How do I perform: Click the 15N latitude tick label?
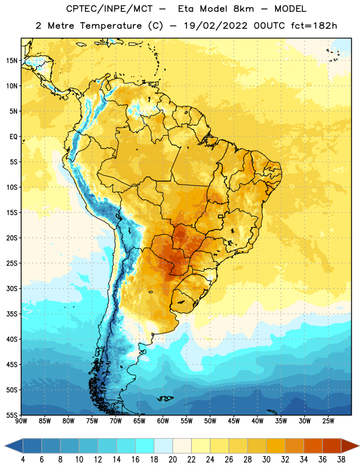click(12, 61)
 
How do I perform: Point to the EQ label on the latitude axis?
click(13, 137)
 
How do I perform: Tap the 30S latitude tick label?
click(12, 288)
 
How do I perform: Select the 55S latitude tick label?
click(12, 415)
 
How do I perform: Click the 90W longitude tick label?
click(21, 421)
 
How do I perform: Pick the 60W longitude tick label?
click(163, 421)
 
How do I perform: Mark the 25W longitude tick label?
click(328, 421)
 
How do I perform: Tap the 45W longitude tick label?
click(234, 421)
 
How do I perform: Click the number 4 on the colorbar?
click(23, 460)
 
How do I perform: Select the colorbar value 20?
click(172, 460)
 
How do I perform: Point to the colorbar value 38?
click(341, 460)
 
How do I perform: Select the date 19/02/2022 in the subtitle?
click(216, 26)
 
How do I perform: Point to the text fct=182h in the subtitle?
click(314, 26)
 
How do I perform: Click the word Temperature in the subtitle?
click(111, 26)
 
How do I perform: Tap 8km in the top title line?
click(243, 9)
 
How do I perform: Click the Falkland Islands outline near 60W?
click(165, 398)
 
